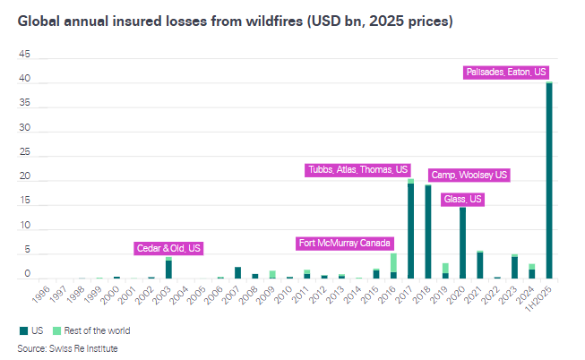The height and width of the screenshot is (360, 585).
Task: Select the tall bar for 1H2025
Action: click(549, 179)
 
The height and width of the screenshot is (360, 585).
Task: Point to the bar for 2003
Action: click(168, 269)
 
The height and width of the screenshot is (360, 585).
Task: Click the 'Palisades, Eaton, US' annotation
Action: click(506, 72)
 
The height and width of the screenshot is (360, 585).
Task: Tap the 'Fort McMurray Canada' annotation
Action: click(344, 243)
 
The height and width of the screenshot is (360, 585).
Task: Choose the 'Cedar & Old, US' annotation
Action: click(168, 247)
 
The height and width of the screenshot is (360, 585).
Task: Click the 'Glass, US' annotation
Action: click(462, 199)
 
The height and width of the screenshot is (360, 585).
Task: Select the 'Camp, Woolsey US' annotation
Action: click(469, 175)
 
